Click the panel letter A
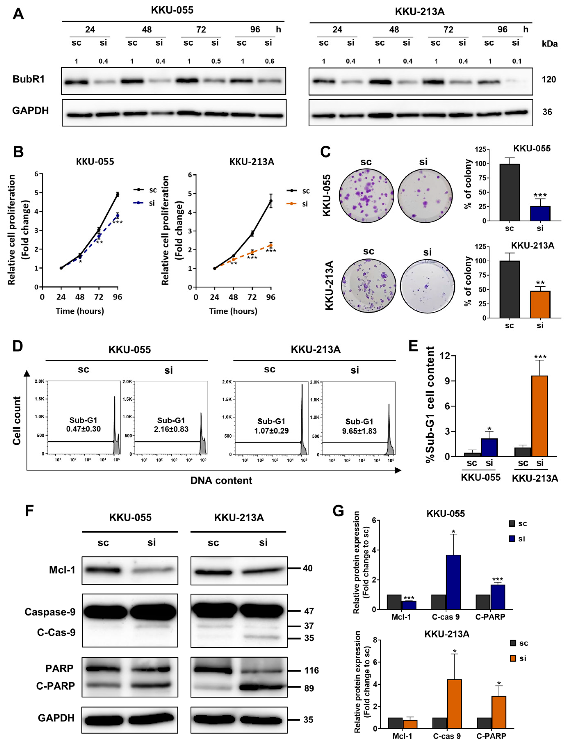click(x=18, y=14)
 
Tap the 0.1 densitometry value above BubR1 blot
click(x=517, y=61)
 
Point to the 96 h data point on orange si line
click(x=271, y=245)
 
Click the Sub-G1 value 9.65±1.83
click(x=359, y=431)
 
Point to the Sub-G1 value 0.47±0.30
click(x=83, y=429)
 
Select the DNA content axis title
click(x=221, y=480)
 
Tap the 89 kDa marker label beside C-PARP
click(x=309, y=688)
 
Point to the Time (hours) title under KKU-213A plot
click(x=233, y=311)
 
